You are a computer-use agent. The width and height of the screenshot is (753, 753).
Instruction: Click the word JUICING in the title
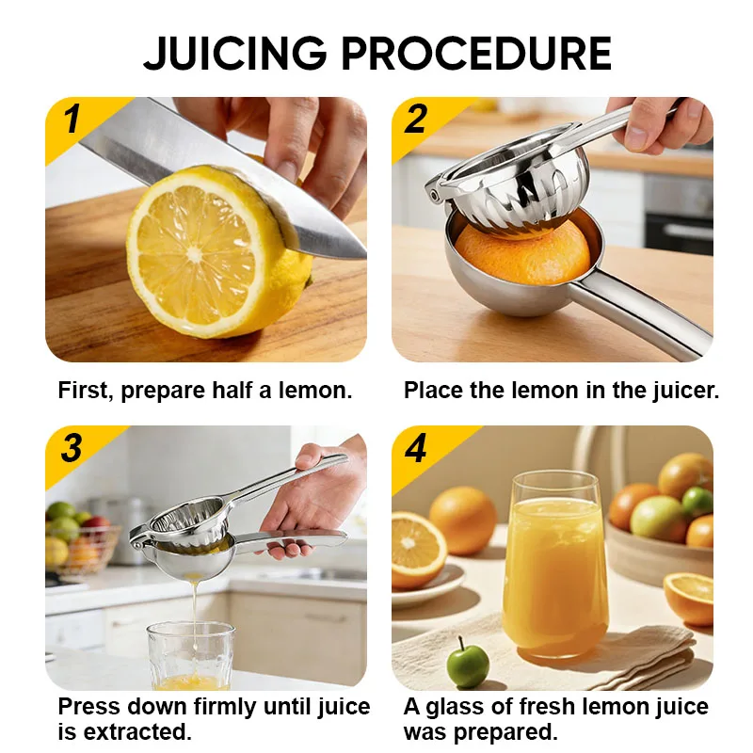pos(234,54)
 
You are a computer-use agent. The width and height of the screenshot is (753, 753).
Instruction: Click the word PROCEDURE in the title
pos(476,54)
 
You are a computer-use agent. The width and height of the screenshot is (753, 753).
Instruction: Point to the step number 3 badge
pos(72,448)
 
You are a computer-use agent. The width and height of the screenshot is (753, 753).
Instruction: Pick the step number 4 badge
pos(415,448)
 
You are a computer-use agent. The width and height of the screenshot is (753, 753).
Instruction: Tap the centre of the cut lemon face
pos(195,253)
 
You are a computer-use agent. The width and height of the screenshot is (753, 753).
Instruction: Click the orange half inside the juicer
pos(522,255)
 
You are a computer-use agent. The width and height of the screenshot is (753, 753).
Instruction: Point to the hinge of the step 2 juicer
pos(435,194)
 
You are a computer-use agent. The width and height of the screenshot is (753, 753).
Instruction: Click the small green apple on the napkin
pos(467,664)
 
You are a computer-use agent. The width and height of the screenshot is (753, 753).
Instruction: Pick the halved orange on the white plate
pos(417,549)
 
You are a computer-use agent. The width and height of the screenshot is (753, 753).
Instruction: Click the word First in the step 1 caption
pos(86,390)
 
